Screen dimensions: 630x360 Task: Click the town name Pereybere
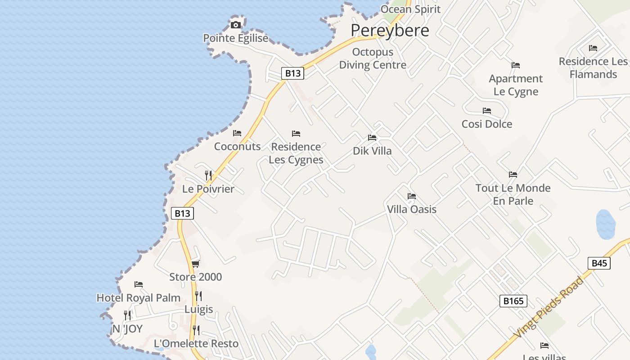(390, 30)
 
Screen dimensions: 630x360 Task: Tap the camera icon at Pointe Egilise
(236, 25)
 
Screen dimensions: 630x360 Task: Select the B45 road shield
(599, 263)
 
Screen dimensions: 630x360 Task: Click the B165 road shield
(513, 301)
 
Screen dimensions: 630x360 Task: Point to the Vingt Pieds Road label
(549, 306)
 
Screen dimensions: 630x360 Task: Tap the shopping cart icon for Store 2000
(195, 264)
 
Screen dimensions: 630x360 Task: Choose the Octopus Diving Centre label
(373, 58)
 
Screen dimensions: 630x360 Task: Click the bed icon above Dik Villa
(372, 138)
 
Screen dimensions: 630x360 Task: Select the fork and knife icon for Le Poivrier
(208, 175)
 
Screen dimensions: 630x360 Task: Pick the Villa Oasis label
(412, 209)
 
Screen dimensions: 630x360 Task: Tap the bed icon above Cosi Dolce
(487, 111)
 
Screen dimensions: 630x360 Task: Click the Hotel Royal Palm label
(139, 298)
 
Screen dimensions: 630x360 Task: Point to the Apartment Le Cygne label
(516, 85)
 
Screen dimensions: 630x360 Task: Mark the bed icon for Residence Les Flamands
(593, 48)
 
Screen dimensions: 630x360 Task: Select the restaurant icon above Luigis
(198, 296)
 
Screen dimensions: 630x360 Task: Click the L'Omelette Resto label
(196, 344)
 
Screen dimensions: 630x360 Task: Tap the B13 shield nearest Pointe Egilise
(292, 73)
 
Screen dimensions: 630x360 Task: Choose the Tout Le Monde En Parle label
(513, 194)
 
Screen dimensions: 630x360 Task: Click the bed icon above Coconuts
(237, 133)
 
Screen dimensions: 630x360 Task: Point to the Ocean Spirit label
(410, 9)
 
